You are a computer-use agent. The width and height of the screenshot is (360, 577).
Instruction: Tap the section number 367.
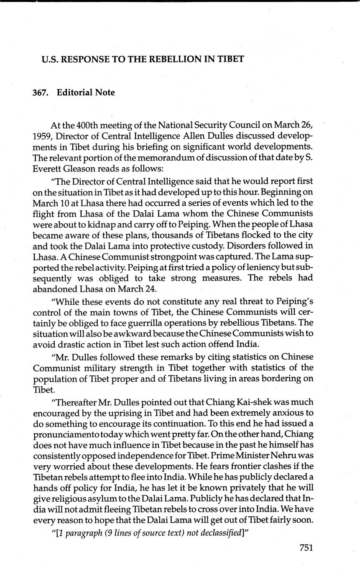(41, 92)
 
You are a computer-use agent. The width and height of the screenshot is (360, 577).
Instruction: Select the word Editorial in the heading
(75, 92)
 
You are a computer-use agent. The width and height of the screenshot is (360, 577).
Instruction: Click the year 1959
(42, 136)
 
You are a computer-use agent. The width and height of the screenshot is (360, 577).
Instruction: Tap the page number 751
(306, 548)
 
